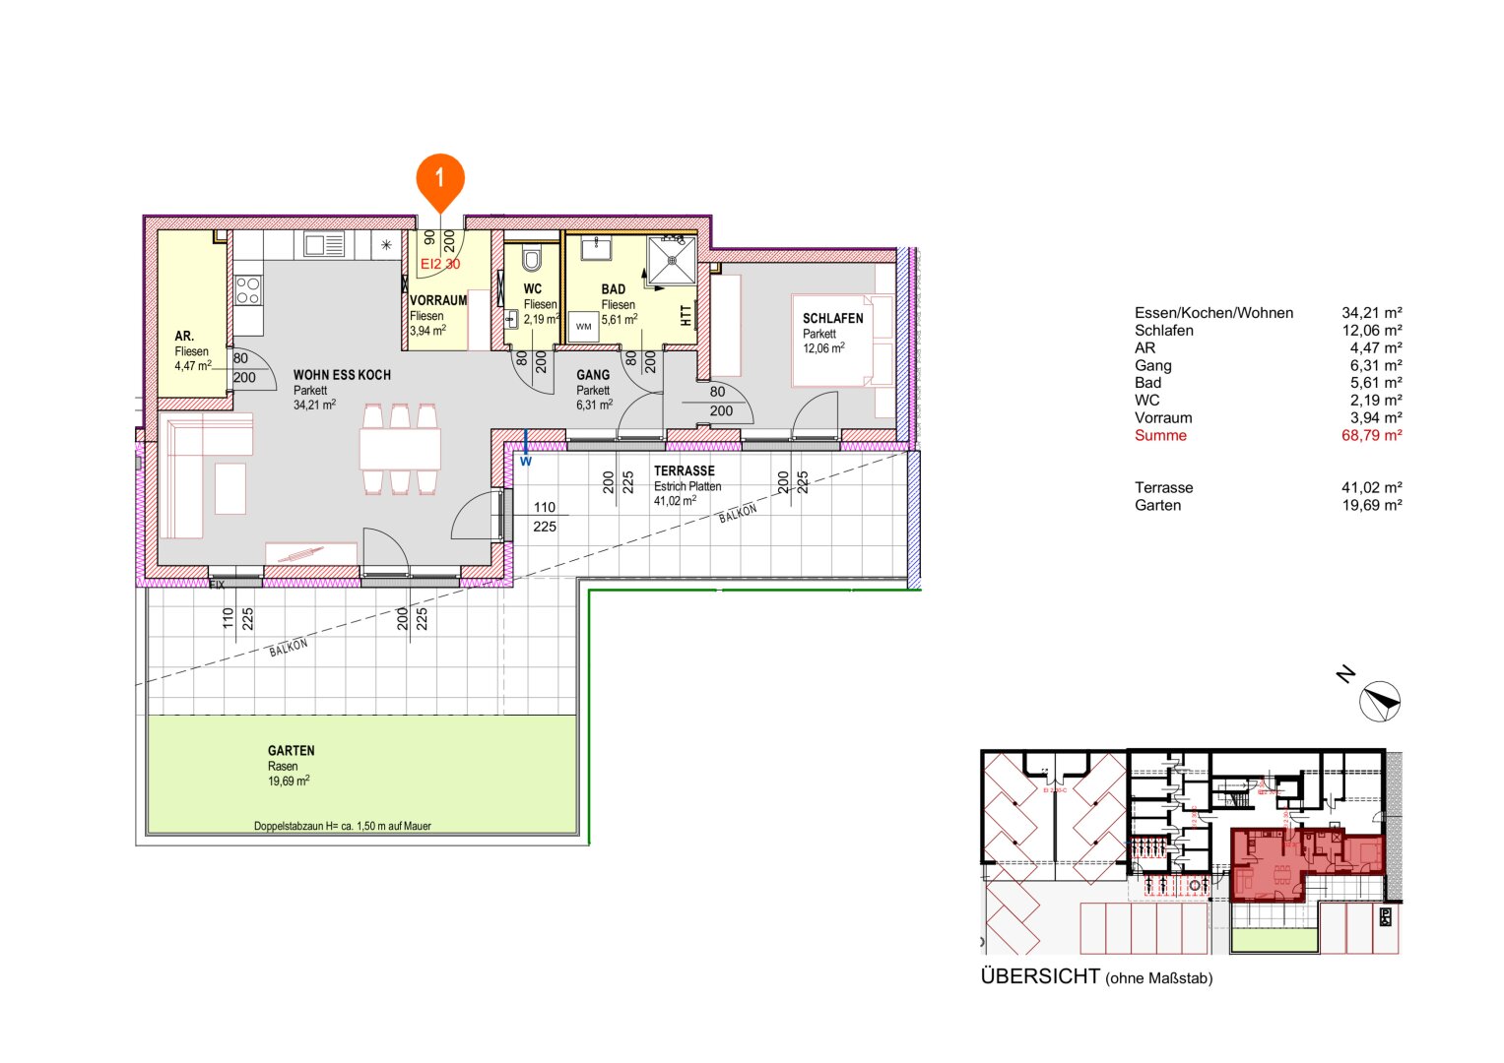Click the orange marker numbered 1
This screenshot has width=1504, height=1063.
pos(439,178)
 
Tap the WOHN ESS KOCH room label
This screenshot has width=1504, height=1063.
pos(341,375)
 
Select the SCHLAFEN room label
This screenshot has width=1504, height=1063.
pos(832,319)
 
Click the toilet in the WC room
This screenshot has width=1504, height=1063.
pos(532,259)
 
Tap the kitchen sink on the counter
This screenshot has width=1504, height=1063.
pos(324,244)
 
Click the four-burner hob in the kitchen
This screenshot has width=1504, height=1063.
pos(248,290)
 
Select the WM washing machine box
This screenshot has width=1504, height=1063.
pos(584,327)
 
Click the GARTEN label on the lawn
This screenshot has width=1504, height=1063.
pos(291,751)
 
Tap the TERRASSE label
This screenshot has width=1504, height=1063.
pos(684,471)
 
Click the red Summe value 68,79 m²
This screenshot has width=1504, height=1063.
pos(1371,435)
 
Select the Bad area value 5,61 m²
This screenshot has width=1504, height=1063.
pos(1371,383)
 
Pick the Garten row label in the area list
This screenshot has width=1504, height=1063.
pos(1157,506)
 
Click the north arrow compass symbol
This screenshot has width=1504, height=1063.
pos(1379,701)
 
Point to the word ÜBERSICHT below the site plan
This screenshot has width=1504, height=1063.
pos(1039,976)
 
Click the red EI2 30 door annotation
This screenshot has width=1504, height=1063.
pos(439,264)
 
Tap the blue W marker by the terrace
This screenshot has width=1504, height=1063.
pos(526,461)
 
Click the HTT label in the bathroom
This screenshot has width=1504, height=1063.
pos(686,315)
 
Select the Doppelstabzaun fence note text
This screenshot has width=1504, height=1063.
pos(342,827)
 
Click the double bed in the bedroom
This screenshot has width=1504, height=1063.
pos(843,341)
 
